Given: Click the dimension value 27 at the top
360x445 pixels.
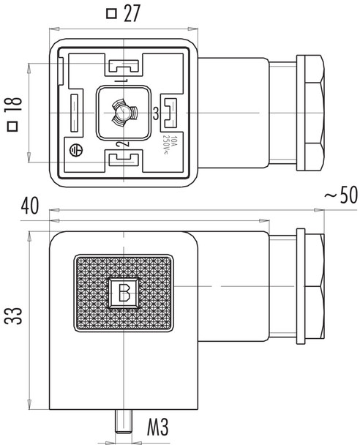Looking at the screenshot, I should click(x=132, y=13).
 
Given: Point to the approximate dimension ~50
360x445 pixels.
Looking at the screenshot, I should click(x=340, y=197).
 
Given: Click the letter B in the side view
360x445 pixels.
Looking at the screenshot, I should click(x=125, y=293).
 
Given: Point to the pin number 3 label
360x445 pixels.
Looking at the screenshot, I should click(x=154, y=113).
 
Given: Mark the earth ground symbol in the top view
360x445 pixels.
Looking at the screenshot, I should click(x=74, y=152).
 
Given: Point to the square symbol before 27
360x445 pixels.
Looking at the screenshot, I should click(x=111, y=13).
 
